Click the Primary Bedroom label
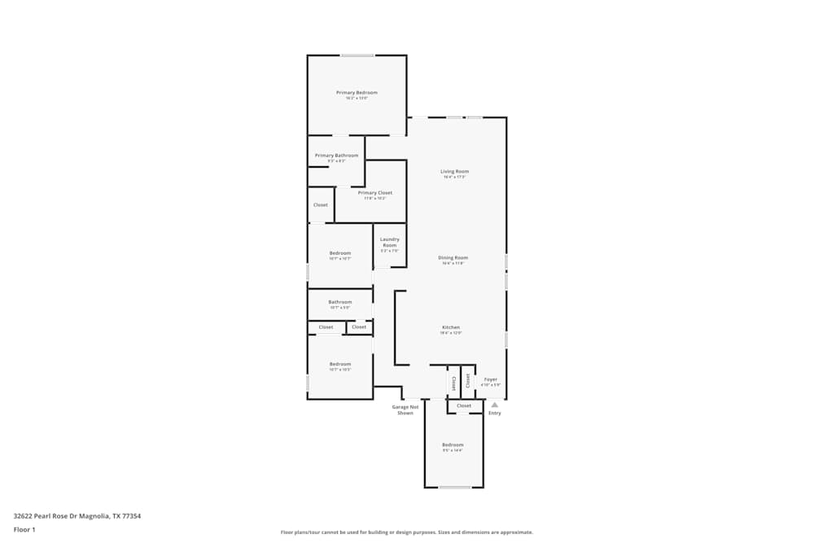click(x=357, y=93)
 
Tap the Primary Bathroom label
click(x=336, y=155)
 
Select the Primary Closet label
click(x=374, y=193)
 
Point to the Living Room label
click(x=455, y=172)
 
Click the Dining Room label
click(x=453, y=258)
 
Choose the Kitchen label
click(x=451, y=327)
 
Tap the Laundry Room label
click(x=390, y=242)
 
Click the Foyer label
click(x=491, y=379)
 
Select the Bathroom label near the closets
click(x=339, y=302)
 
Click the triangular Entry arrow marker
click(x=494, y=404)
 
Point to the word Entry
click(x=495, y=413)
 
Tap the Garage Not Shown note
click(x=405, y=409)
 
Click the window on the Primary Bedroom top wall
click(x=357, y=55)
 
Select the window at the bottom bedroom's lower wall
click(x=455, y=487)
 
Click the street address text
click(x=77, y=515)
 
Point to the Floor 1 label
click(x=24, y=529)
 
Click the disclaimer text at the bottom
click(x=407, y=532)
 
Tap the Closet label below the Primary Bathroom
click(x=321, y=205)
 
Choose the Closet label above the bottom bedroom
click(x=464, y=405)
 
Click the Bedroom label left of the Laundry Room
click(x=339, y=253)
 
